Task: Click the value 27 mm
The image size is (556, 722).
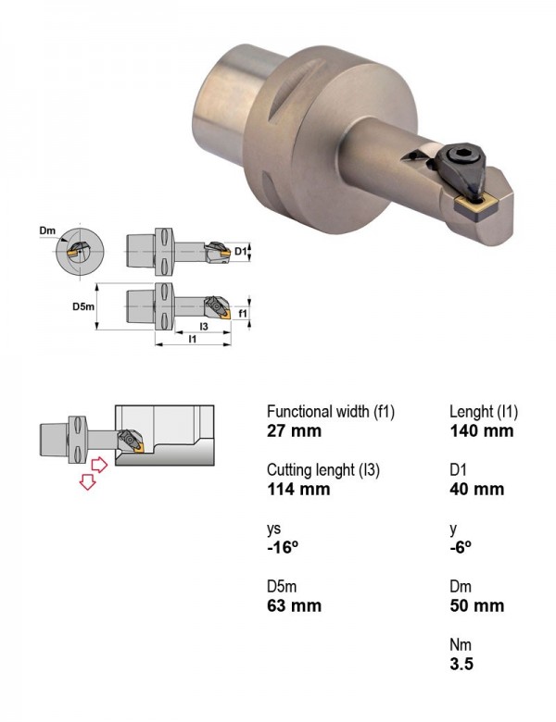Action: tap(294, 431)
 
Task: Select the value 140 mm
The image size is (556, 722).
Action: tap(481, 431)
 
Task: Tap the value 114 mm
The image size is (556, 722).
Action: tap(298, 489)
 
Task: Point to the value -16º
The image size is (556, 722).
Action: tap(283, 547)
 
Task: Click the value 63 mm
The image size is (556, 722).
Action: tap(294, 605)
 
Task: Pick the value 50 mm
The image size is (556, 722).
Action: tap(476, 605)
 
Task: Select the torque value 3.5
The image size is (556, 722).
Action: tap(461, 664)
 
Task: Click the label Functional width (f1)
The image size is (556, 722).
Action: tap(331, 412)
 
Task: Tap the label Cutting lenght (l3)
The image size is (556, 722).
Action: tap(323, 470)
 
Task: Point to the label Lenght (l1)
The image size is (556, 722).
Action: tap(484, 412)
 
